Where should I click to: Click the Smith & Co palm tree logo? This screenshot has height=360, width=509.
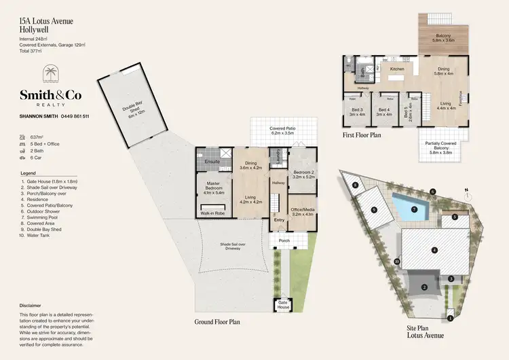(x=52, y=75)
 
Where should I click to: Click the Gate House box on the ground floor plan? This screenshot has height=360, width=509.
(x=283, y=305)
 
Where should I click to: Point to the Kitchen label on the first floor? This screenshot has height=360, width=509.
(x=397, y=69)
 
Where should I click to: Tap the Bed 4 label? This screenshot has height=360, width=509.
(x=384, y=111)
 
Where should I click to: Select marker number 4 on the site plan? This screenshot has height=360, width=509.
(x=435, y=251)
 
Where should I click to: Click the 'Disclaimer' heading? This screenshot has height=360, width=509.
(x=31, y=305)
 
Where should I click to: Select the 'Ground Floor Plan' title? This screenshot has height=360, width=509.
(x=218, y=321)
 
